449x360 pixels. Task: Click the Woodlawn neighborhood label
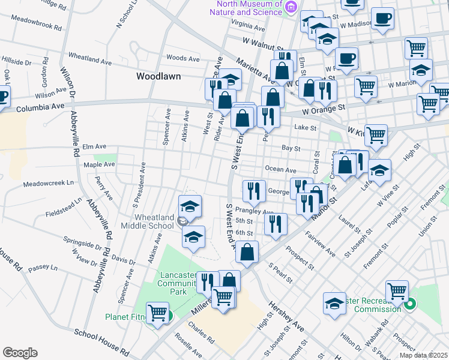158,76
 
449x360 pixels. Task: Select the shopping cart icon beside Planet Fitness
157,312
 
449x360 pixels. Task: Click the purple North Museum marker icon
291,7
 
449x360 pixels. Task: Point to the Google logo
20,353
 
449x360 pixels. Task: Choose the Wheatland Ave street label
90,61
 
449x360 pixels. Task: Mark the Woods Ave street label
182,58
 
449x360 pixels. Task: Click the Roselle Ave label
185,346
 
